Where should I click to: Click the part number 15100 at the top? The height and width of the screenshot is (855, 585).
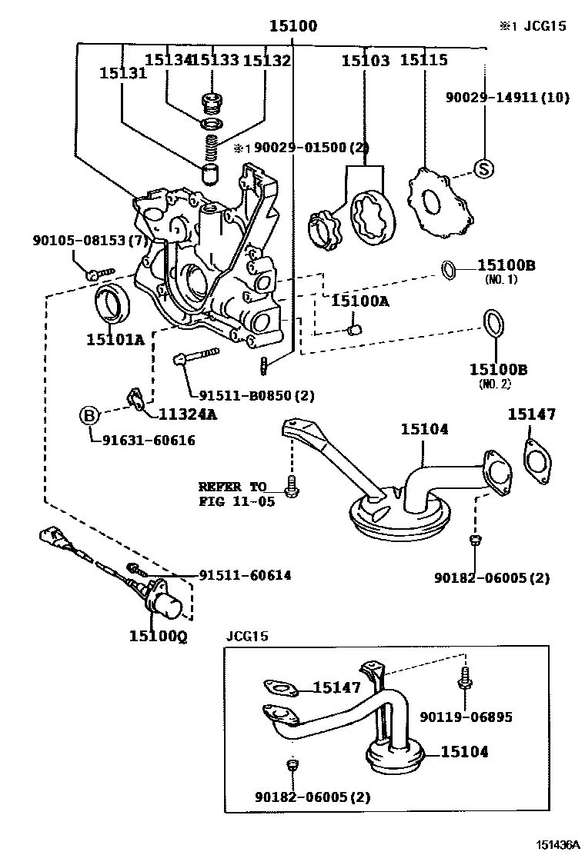(292, 26)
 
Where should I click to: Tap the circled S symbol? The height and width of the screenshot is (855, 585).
(483, 168)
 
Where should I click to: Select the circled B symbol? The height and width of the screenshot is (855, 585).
(90, 416)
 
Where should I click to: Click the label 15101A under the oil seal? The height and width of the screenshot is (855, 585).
(115, 338)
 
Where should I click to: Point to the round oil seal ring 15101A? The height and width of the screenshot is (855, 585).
(112, 304)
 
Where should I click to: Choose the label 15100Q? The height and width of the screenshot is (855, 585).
(158, 636)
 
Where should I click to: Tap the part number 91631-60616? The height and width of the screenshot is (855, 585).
(142, 441)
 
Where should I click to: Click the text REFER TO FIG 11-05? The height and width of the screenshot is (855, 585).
(231, 493)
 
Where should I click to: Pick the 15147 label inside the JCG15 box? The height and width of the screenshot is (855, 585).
(336, 688)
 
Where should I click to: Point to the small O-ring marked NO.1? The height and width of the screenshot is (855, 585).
(450, 269)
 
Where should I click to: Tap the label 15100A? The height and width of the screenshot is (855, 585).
(360, 301)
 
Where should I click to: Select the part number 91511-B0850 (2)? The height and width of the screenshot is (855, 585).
(256, 396)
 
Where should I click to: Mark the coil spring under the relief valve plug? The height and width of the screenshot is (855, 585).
(212, 145)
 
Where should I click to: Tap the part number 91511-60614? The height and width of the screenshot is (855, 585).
(245, 574)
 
